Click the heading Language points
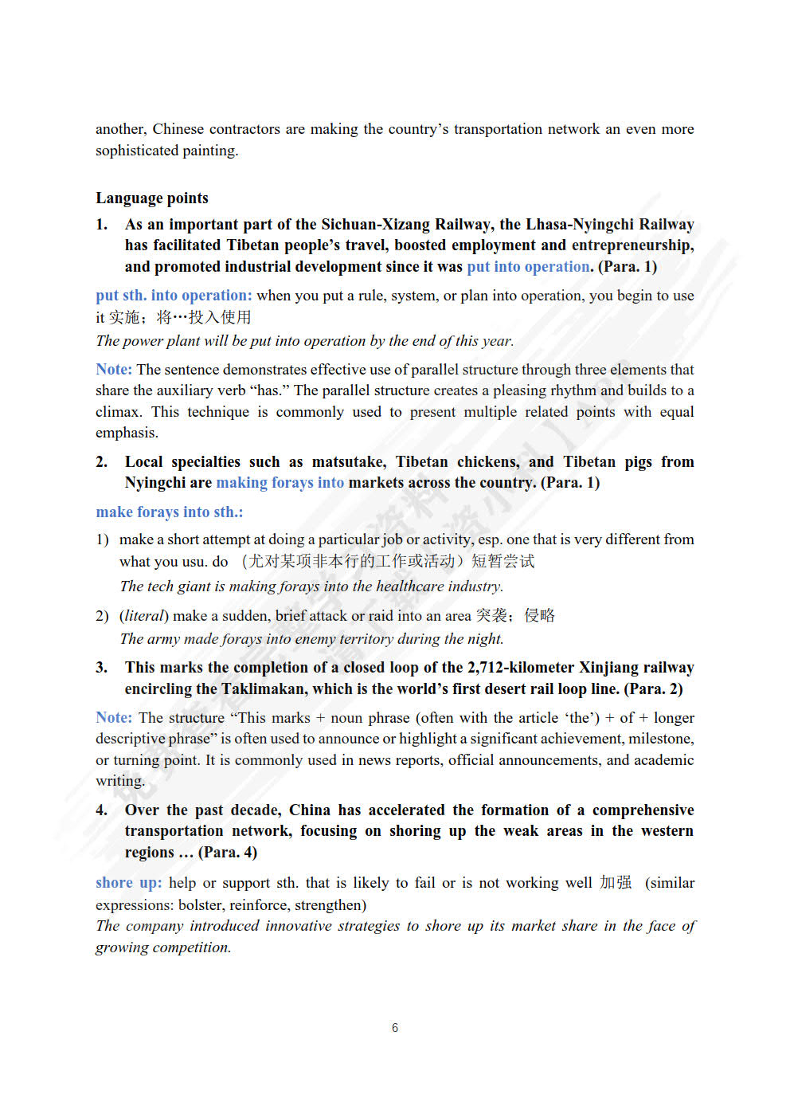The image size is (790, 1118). click(152, 198)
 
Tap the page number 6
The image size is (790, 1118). click(395, 1028)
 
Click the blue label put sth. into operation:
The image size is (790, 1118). click(174, 296)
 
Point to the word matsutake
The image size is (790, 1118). click(347, 462)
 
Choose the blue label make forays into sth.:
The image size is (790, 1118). click(170, 512)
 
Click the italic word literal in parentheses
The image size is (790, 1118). click(144, 616)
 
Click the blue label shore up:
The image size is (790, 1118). click(129, 883)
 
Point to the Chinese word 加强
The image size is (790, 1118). click(616, 883)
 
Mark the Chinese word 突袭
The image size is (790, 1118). click(491, 616)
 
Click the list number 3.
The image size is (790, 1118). click(101, 668)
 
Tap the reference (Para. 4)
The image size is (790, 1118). click(228, 853)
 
